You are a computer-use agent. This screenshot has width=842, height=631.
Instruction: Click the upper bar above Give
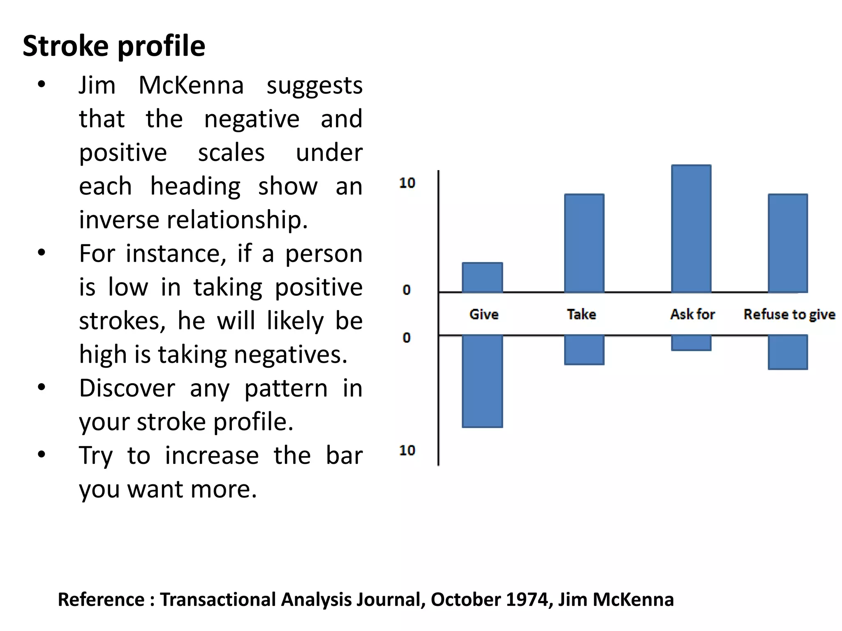click(482, 278)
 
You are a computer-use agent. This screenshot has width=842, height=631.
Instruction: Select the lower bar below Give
click(482, 381)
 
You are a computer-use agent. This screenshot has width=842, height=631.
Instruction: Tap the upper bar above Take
click(584, 243)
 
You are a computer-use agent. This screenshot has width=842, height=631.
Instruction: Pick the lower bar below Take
click(584, 350)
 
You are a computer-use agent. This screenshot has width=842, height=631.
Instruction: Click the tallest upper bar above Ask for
click(691, 229)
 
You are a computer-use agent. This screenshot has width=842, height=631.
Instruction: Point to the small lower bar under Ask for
click(691, 343)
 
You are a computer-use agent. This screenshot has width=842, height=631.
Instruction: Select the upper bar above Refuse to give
click(788, 243)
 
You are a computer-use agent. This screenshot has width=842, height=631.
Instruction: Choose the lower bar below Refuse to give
click(788, 352)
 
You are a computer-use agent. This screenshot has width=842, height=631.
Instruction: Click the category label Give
click(484, 314)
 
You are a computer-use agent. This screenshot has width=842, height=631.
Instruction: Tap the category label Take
click(581, 314)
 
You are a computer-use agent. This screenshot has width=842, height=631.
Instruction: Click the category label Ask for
click(692, 314)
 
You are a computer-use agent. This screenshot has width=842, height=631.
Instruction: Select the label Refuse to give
click(789, 314)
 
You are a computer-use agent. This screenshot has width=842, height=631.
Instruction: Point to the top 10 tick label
click(407, 183)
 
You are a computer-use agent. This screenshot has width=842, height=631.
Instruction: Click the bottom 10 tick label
click(407, 450)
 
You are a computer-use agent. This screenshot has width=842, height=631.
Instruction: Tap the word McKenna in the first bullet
click(191, 85)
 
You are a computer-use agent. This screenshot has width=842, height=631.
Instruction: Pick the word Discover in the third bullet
click(127, 388)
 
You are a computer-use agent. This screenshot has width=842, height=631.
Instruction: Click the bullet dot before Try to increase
click(41, 455)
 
